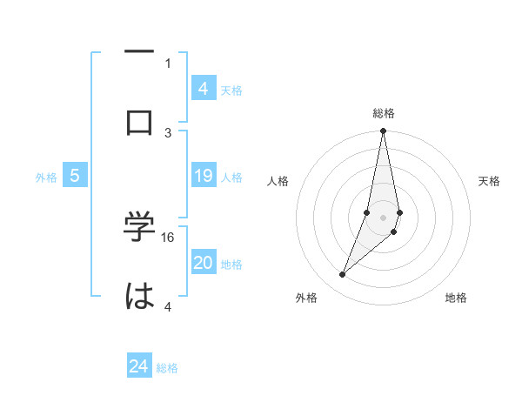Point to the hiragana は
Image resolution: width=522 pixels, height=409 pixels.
coord(139,297)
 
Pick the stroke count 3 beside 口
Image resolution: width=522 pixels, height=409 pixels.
coord(169,132)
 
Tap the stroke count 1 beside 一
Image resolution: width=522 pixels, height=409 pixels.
coord(168,64)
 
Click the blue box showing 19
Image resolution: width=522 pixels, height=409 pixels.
coord(204,177)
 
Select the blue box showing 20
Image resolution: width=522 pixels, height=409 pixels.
coord(204,264)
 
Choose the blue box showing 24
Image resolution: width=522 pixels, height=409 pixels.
coord(139,367)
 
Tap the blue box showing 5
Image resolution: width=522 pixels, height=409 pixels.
coord(75,177)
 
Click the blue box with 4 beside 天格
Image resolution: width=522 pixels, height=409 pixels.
coord(204,89)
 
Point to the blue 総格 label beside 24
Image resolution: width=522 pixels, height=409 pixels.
coord(168,368)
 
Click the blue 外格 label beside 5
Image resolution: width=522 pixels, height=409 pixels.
coord(46,178)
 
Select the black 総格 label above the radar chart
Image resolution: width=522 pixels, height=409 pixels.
coord(384,113)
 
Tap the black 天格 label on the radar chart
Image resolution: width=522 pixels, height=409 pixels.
coord(490,181)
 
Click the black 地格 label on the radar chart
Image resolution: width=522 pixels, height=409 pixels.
coord(456,298)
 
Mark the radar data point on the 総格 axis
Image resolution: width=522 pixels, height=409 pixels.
coord(384,131)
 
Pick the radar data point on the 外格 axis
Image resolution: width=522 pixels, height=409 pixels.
coord(343,274)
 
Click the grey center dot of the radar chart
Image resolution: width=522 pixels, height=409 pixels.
coord(384,217)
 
